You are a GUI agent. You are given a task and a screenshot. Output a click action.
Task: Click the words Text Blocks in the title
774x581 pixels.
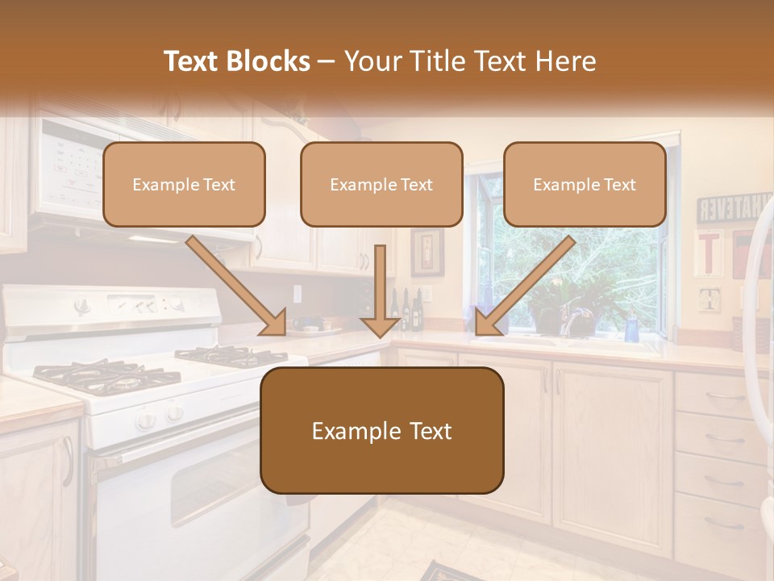click(x=236, y=61)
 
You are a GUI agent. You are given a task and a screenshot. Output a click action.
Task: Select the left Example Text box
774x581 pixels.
click(x=184, y=184)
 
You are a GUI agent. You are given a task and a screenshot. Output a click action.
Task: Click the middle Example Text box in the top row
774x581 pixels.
click(x=381, y=184)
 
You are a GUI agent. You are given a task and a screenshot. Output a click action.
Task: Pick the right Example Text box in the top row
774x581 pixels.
click(x=585, y=184)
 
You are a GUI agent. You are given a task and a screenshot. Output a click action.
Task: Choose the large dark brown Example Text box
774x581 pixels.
click(x=381, y=431)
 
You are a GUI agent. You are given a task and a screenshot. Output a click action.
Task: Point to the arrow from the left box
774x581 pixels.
click(x=236, y=285)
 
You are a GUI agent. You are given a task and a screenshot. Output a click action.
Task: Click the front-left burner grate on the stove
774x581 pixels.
click(x=97, y=374)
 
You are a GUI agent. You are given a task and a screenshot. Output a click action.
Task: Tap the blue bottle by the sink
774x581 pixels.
click(x=631, y=328)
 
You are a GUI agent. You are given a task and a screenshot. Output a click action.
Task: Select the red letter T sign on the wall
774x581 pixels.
click(x=708, y=253)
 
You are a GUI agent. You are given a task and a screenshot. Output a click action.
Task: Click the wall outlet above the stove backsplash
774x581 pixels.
click(x=297, y=293)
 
